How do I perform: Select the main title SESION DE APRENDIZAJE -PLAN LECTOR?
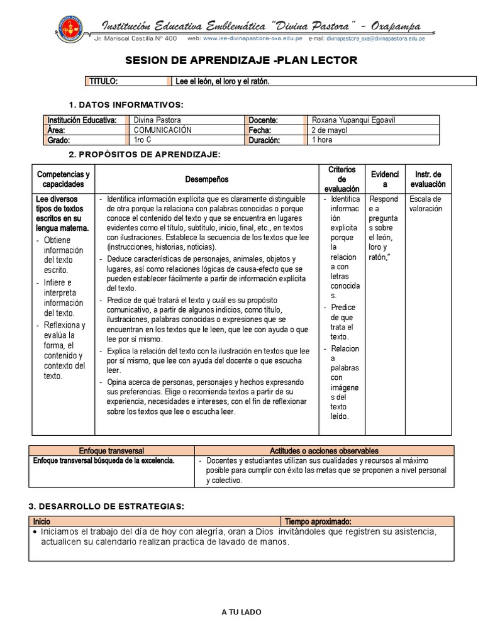(x=241, y=60)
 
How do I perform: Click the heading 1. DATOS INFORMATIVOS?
(x=126, y=103)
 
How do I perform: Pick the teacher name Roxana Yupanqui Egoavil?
(x=353, y=120)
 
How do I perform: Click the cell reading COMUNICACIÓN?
(x=163, y=130)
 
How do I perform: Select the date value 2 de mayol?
(x=330, y=130)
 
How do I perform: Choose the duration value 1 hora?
(x=323, y=140)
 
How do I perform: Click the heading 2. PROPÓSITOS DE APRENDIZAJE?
(x=144, y=155)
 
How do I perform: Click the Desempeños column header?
(x=207, y=179)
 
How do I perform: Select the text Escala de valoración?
(x=426, y=204)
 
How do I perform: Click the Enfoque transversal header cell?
(x=112, y=451)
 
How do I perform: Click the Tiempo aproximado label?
(x=318, y=521)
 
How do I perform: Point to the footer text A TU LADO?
(x=241, y=612)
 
